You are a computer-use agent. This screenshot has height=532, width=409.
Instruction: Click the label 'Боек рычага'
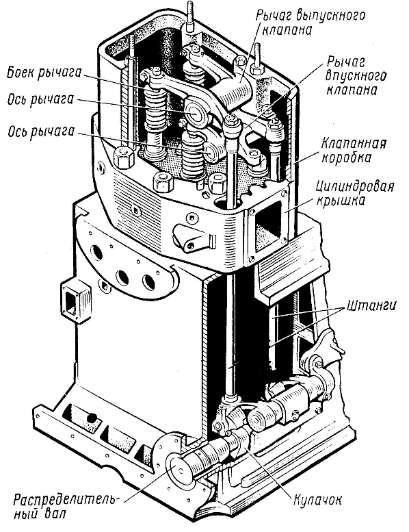44,73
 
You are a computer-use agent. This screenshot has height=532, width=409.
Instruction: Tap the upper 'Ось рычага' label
40,99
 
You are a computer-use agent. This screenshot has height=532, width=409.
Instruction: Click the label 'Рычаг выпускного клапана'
310,23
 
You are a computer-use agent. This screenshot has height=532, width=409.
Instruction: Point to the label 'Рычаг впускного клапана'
356,76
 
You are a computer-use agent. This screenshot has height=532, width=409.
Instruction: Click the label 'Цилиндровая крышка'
355,193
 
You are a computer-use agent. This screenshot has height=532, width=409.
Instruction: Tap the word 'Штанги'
371,305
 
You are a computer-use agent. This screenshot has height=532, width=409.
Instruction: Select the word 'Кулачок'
317,500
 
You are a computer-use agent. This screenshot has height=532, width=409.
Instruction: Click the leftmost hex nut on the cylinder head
123,157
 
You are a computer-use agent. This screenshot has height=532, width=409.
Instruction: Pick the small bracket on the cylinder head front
193,238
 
